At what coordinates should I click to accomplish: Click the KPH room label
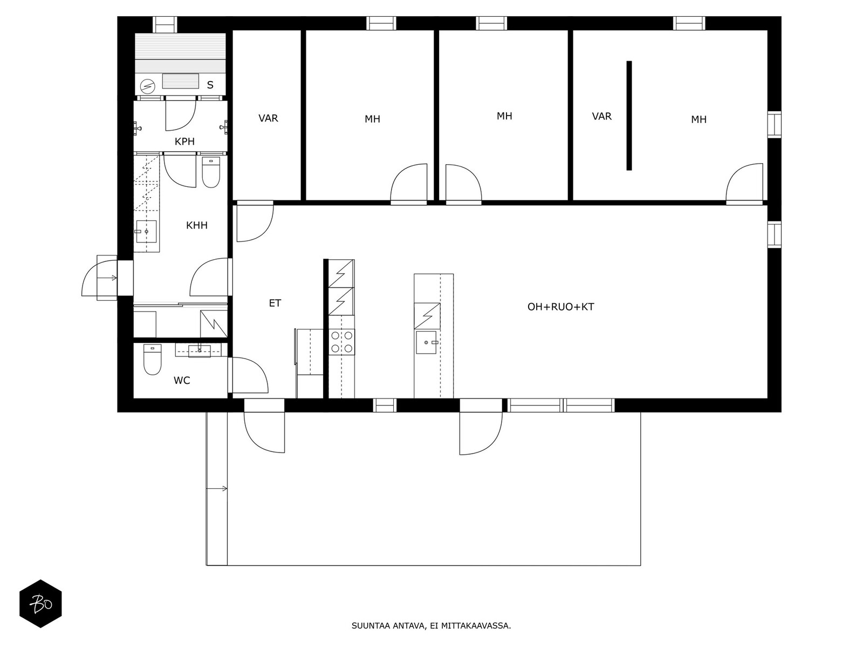[x=184, y=141]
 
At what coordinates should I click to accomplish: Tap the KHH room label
[x=196, y=225]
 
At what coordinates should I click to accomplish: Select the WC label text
[x=182, y=381]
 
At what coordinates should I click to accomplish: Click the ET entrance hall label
[x=275, y=303]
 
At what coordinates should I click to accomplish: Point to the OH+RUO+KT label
[x=560, y=307]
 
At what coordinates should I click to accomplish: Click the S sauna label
[x=210, y=85]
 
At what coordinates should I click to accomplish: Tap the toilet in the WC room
[x=152, y=360]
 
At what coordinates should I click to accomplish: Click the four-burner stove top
[x=341, y=342]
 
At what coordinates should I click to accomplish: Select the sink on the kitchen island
[x=427, y=342]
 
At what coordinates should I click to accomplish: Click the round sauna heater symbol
[x=147, y=86]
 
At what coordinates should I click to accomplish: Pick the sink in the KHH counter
[x=146, y=232]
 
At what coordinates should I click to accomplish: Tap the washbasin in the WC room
[x=200, y=350]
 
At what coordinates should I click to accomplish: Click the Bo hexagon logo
[x=41, y=604]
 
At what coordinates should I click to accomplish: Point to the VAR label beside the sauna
[x=268, y=118]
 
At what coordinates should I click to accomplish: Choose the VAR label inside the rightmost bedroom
[x=601, y=117]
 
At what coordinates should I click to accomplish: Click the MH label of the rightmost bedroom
[x=698, y=119]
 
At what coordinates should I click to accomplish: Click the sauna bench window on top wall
[x=165, y=24]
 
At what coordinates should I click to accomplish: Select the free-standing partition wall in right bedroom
[x=629, y=116]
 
